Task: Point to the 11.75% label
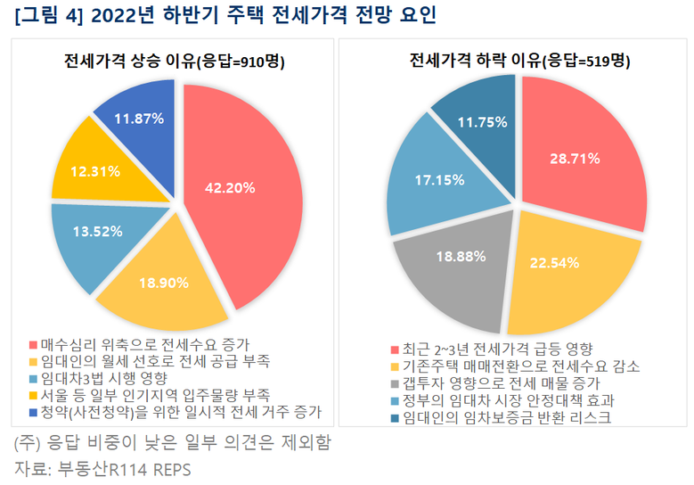click(x=482, y=122)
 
